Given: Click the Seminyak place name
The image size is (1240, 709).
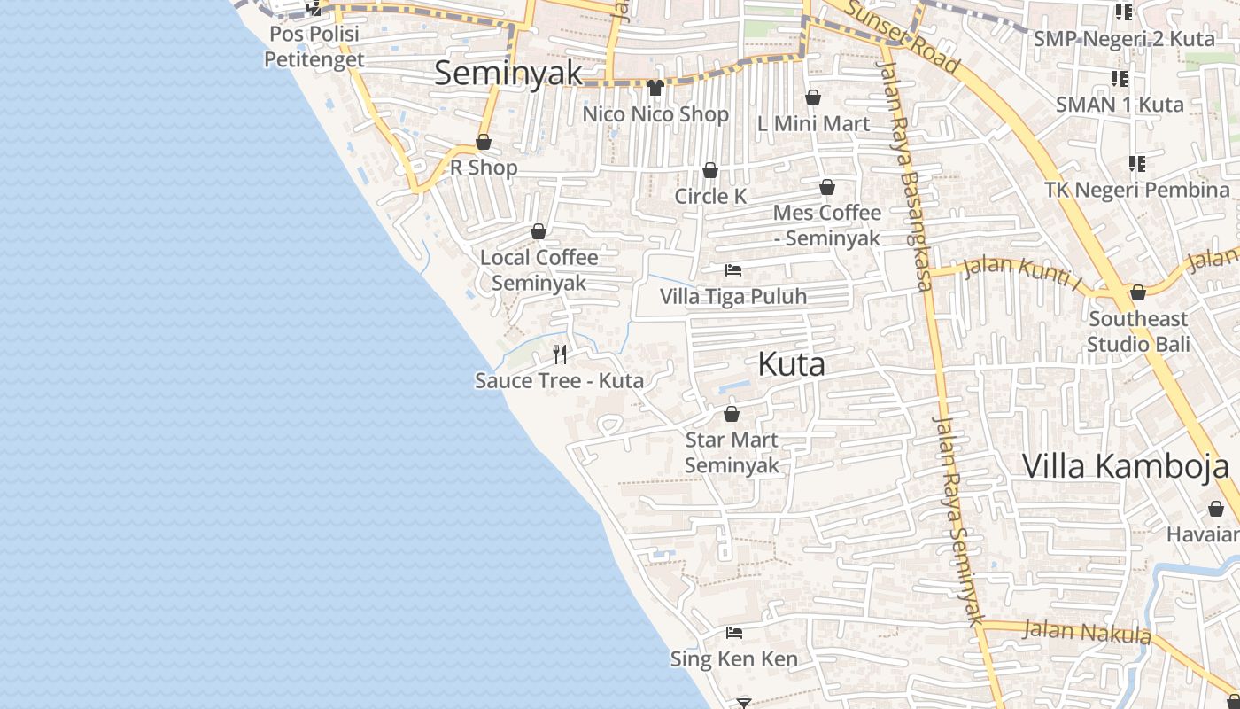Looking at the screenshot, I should pos(508,73).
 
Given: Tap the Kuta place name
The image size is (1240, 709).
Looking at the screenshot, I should pos(792,364).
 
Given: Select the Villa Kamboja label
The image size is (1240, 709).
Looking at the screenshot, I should pos(1126,466).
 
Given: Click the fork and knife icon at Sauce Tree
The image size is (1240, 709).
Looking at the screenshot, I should pos(560,354).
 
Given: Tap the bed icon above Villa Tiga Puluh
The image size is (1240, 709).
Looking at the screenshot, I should pos(733,269).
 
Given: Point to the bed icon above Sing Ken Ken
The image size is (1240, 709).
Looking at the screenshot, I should pos(733,633).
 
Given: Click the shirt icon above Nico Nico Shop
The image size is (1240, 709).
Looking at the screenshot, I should pos(655,87).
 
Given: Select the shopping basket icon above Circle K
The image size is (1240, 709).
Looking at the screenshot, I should pos(710,170).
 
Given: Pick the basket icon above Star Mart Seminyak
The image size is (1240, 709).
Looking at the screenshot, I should pos(732,414).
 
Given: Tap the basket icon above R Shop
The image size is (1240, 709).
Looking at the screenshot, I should pos(484,142).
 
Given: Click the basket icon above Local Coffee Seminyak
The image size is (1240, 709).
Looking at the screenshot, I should pos(539,231).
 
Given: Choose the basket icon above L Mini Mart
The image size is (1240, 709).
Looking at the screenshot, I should pos(813,97).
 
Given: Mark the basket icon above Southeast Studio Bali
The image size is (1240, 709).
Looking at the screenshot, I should pos(1138,292).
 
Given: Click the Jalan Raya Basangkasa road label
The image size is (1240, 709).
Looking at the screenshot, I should pos(904,168).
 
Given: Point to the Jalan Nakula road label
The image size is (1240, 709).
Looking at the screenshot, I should pos(1087,632).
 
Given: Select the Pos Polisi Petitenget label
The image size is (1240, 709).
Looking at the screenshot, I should pos(314,47).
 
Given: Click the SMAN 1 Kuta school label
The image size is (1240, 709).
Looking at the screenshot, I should pos(1120,105).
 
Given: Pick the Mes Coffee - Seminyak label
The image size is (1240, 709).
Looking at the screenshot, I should pos(827,225).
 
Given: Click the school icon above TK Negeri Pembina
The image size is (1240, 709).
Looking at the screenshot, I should pos(1137,164).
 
